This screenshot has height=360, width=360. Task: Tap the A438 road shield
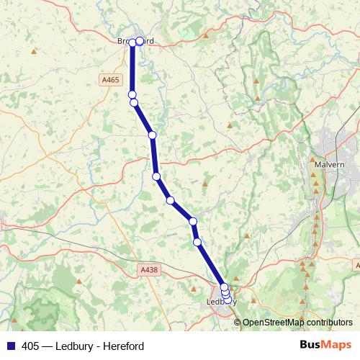(148, 269)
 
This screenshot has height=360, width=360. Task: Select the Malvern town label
(330, 164)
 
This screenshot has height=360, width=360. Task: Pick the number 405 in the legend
(30, 346)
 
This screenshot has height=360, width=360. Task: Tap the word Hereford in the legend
(123, 346)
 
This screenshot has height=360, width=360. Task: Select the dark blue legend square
(10, 346)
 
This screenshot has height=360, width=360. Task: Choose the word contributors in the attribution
(330, 323)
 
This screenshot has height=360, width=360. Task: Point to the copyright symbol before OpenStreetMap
(238, 323)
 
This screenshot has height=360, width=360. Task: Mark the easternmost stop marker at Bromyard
(140, 42)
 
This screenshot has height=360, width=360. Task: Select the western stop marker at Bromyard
(132, 43)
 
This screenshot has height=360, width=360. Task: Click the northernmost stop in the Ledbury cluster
(224, 287)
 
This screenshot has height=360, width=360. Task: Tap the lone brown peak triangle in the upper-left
(34, 51)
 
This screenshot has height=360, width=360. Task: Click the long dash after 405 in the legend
(48, 346)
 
